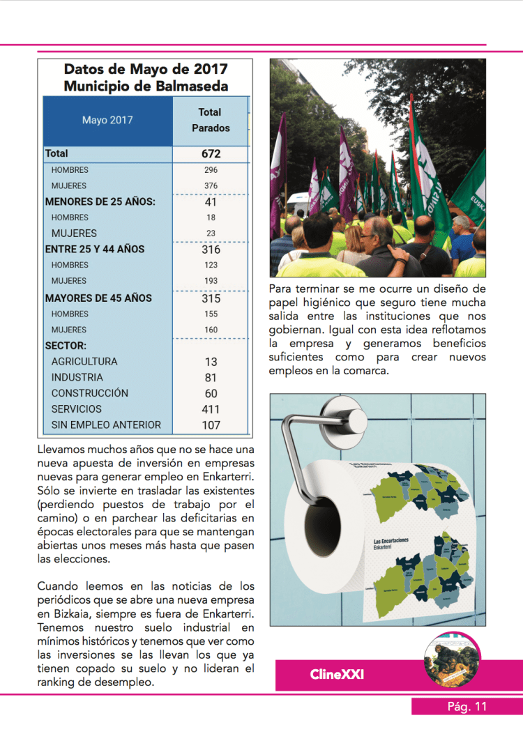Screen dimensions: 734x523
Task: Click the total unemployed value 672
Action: [211, 153]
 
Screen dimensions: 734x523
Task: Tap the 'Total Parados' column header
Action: [211, 120]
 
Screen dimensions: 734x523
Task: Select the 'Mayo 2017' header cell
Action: [107, 120]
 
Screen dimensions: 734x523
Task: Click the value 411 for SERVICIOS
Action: [211, 409]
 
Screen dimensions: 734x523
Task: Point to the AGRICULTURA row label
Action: [84, 361]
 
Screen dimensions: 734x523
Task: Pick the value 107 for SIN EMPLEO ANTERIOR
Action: [211, 425]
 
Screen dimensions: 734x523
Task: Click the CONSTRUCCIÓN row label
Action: [90, 393]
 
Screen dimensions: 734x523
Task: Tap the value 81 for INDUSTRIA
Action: [211, 378]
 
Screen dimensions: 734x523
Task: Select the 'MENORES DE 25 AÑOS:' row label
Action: [100, 201]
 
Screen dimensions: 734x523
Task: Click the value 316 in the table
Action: [211, 249]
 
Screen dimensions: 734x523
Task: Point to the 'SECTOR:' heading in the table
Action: [66, 345]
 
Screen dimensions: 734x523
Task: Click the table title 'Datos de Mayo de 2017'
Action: [146, 69]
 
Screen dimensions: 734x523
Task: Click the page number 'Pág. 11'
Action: [467, 707]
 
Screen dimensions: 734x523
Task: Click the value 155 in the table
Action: [211, 314]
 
